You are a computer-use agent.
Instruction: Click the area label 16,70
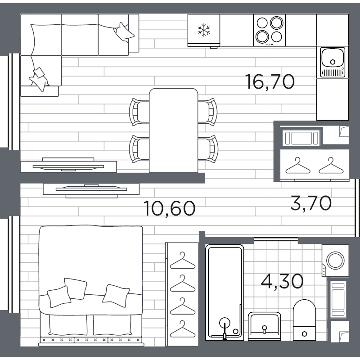click(x=270, y=82)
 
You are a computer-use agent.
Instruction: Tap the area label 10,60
click(x=170, y=208)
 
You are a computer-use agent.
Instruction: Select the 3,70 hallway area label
click(x=311, y=203)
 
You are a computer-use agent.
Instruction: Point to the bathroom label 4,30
click(x=282, y=281)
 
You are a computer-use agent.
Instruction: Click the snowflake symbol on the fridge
click(x=204, y=30)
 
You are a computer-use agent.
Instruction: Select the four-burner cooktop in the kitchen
click(x=270, y=30)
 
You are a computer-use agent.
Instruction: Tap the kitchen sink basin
click(x=333, y=58)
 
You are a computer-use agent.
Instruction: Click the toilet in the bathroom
click(x=304, y=320)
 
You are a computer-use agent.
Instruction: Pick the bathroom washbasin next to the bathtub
click(x=264, y=326)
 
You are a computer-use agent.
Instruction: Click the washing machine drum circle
click(x=335, y=261)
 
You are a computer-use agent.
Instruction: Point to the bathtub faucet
click(x=225, y=328)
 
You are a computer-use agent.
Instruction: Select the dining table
click(x=174, y=130)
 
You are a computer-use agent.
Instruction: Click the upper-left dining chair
click(x=139, y=112)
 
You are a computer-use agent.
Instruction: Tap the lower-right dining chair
click(x=208, y=149)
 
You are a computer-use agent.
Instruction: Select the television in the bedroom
click(x=91, y=190)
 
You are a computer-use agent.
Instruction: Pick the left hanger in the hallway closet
click(x=298, y=166)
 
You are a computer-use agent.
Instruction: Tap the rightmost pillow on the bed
click(x=116, y=296)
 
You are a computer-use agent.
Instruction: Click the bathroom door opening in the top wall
click(x=276, y=240)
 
